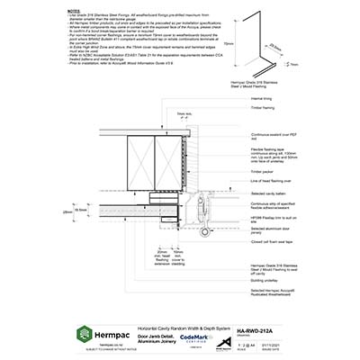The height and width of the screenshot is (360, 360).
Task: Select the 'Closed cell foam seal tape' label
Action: pyautogui.click(x=274, y=243)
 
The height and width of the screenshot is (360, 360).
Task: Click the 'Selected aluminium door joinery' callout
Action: pyautogui.click(x=269, y=232)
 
